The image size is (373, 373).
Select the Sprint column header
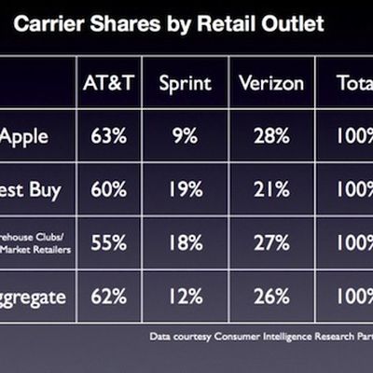tap(185, 83)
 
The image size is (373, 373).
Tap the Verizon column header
tap(271, 83)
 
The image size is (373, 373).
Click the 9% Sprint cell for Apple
tap(185, 136)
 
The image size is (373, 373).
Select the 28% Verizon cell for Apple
tap(271, 136)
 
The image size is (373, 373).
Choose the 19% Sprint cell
tap(185, 190)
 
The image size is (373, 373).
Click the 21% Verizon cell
tap(271, 190)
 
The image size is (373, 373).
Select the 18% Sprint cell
tap(185, 243)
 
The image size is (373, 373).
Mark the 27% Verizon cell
tap(271, 243)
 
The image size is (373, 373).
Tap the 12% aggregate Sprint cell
tap(185, 297)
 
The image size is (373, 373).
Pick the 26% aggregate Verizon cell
tap(271, 297)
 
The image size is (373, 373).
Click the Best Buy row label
tap(31, 190)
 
